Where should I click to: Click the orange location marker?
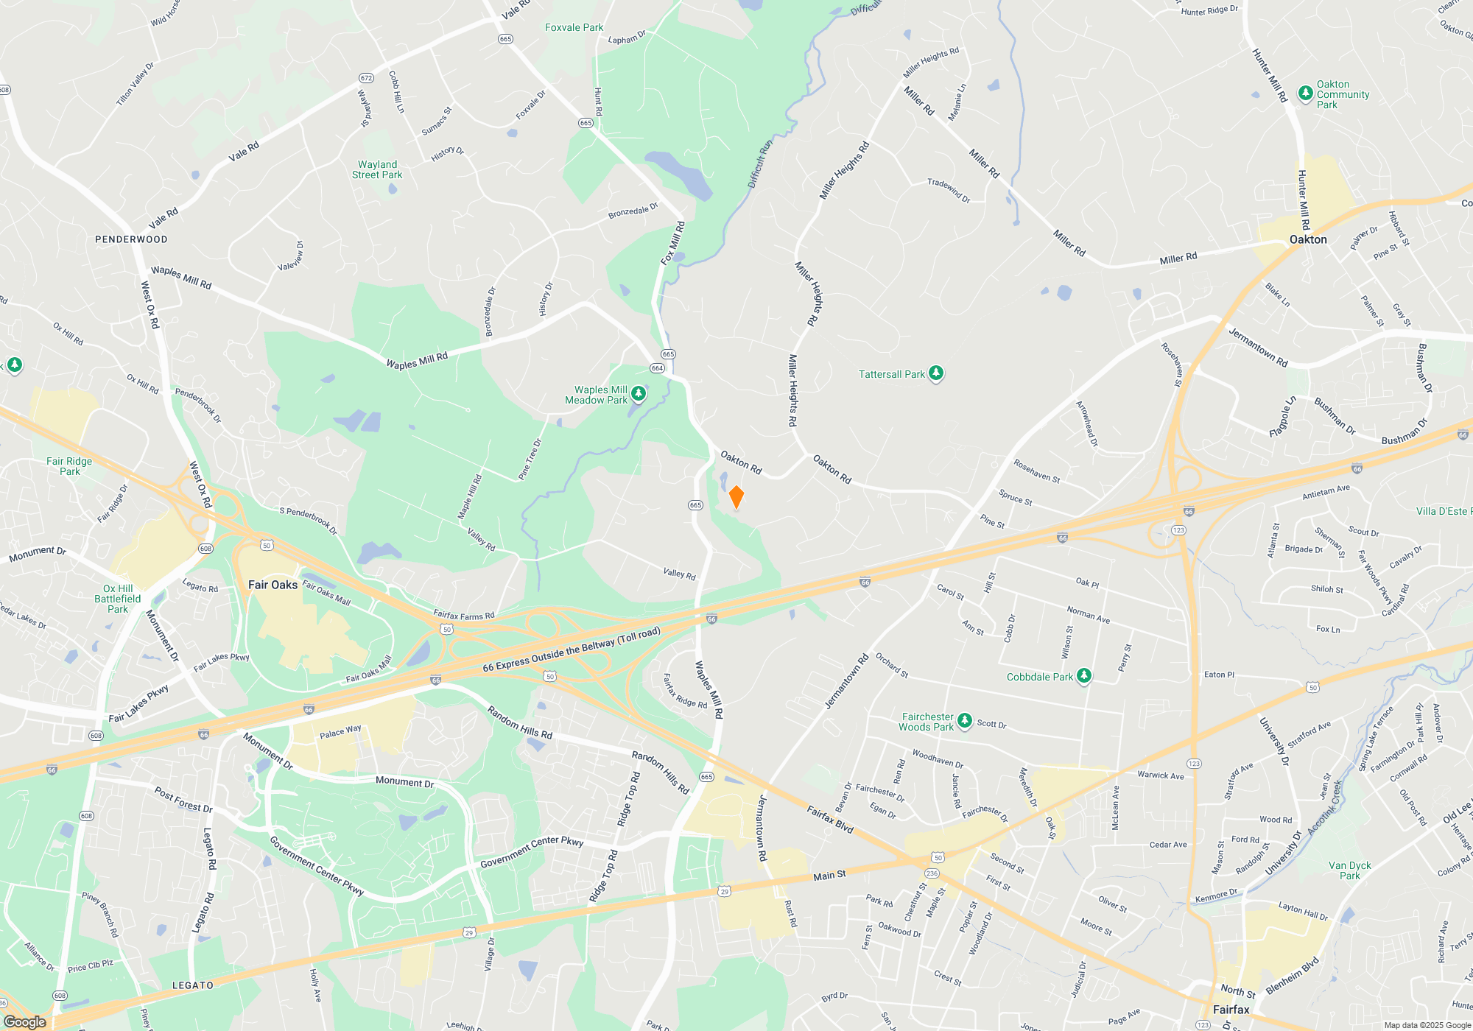point(736,497)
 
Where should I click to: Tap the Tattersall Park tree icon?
point(936,373)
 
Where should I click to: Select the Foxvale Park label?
point(574,27)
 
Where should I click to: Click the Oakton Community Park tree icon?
point(1306,93)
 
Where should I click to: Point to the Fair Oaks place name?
point(273,585)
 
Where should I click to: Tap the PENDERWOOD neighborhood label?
point(131,239)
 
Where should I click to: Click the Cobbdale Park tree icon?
point(1083,676)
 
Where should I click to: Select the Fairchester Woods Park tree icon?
point(965,721)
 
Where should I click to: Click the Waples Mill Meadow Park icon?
point(639,394)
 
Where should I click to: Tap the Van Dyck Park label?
point(1350,870)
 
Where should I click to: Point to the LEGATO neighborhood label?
point(193,985)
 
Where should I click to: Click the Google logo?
point(25,1021)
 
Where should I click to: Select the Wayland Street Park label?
point(377,169)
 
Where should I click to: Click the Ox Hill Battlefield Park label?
point(118,599)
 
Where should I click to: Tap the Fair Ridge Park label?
point(69,466)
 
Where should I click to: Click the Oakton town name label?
point(1308,239)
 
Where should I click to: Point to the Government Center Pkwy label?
point(532,851)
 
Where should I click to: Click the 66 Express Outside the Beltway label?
point(572,650)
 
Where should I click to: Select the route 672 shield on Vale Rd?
point(366,78)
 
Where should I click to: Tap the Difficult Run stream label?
point(760,163)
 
